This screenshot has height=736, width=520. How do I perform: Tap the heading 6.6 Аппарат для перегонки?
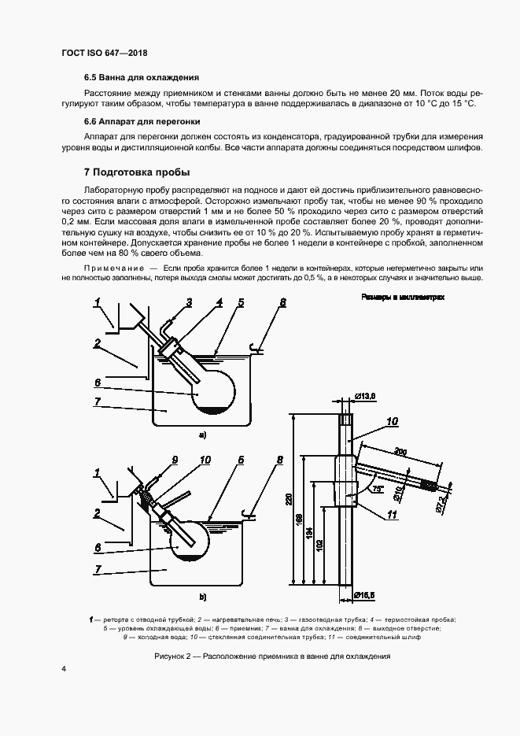pos(142,122)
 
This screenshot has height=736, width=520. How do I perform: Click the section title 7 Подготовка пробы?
pos(137,172)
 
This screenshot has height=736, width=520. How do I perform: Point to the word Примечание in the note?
pos(110,269)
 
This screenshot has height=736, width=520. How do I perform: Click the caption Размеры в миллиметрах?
pos(403,298)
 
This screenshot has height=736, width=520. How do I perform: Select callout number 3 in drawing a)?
pos(189,302)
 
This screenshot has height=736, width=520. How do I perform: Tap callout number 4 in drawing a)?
pos(219,302)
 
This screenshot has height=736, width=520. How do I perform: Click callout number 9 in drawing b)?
pos(175,460)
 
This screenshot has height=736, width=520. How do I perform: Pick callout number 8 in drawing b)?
pos(279,460)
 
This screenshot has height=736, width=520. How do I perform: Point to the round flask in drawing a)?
pos(212,390)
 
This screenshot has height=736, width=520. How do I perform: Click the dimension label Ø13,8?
pos(367,394)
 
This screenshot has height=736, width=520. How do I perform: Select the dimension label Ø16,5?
pos(366,594)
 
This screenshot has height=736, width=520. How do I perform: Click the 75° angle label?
pos(378,490)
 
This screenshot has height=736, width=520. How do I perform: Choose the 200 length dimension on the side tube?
pos(401,452)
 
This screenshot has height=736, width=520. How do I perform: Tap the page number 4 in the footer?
pos(64,669)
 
